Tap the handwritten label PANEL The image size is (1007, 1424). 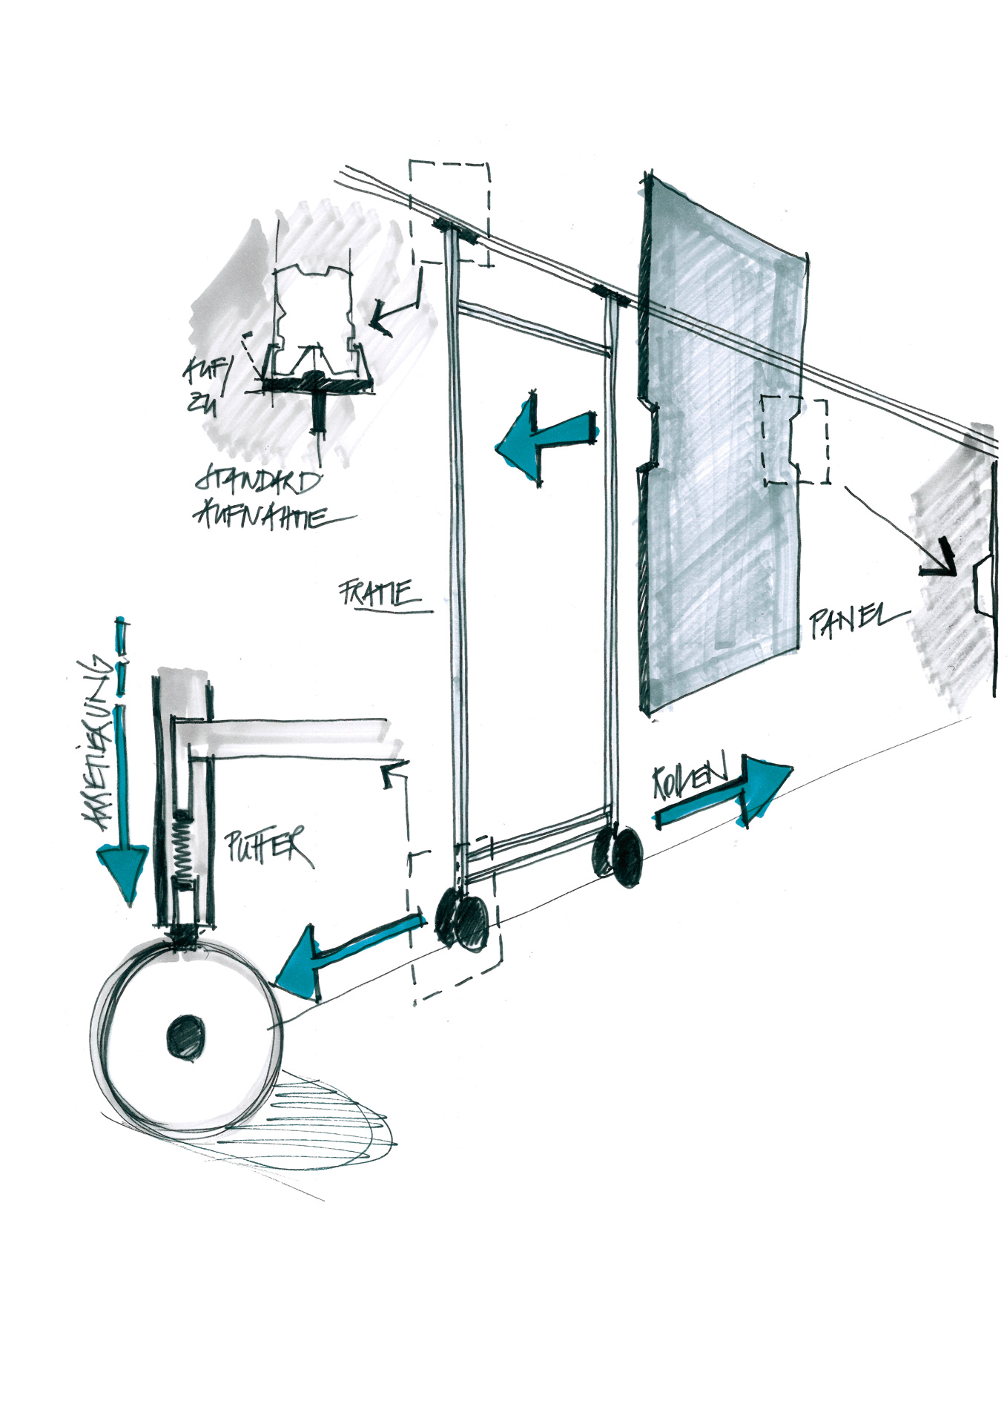[x=853, y=622]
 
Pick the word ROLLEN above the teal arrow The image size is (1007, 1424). [x=690, y=779]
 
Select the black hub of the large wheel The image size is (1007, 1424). [x=185, y=1036]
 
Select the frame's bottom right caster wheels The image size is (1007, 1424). [x=618, y=856]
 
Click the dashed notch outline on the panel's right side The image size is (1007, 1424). [x=796, y=441]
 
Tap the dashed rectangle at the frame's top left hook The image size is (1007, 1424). [x=449, y=214]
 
